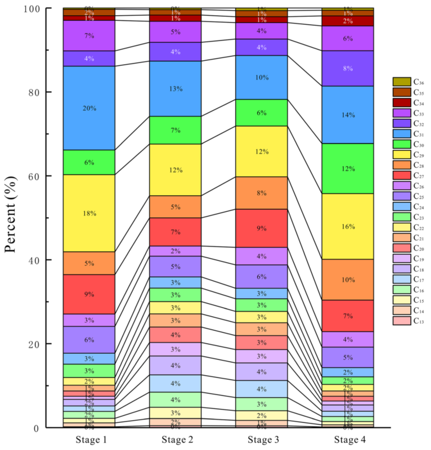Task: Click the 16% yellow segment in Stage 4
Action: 348,226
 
